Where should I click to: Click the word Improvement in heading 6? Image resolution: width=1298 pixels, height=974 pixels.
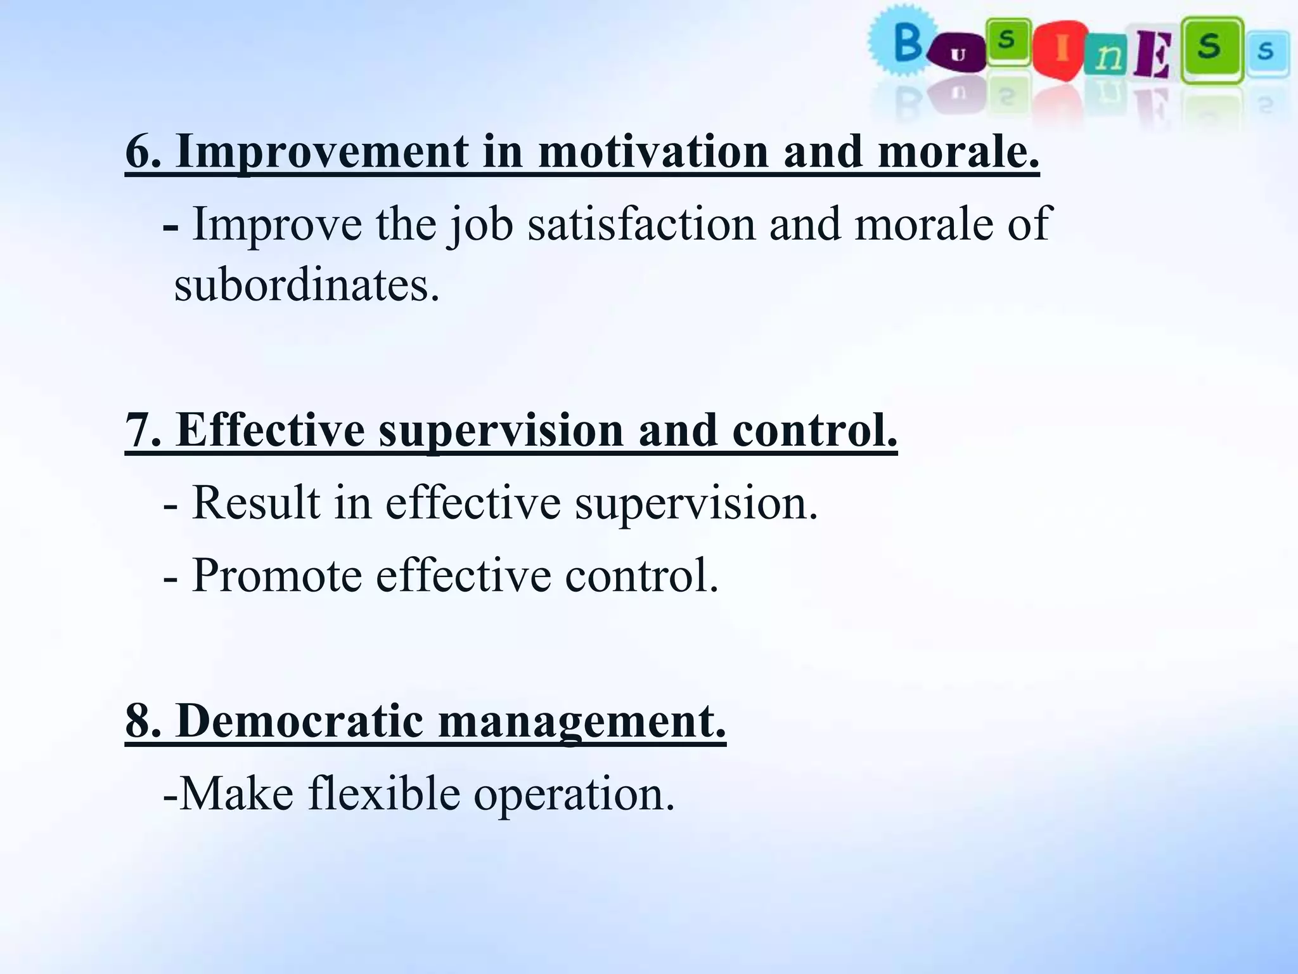point(323,153)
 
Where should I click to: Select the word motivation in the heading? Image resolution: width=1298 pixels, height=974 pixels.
point(653,152)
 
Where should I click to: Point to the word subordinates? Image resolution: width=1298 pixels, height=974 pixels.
point(307,285)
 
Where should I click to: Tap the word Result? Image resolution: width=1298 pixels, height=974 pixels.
point(256,502)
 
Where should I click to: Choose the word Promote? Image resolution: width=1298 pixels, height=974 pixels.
point(277,575)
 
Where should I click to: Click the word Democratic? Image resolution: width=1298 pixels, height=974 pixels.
point(299,721)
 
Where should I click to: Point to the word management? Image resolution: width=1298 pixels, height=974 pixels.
point(582,722)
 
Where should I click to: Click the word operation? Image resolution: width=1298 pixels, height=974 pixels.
point(574,795)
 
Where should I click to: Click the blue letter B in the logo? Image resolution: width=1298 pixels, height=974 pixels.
point(908,44)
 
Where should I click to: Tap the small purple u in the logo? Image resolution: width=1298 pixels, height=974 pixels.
point(958,56)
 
